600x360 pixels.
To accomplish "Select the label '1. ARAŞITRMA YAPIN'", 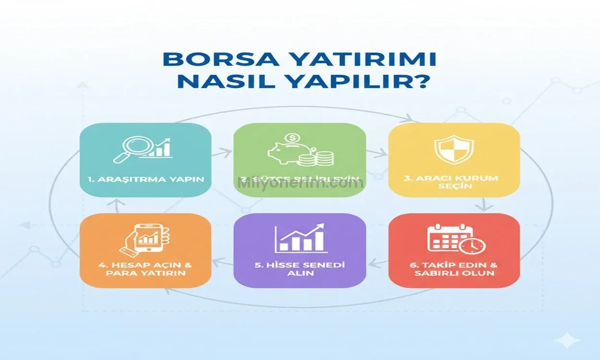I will coord(145,180).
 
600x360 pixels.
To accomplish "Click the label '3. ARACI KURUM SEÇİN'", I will coord(454,182).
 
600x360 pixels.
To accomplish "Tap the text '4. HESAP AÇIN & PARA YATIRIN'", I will coord(145,269).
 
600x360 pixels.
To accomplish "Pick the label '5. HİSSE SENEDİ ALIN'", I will coord(300,269).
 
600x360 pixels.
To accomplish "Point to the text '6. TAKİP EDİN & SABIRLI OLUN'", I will coord(454,269).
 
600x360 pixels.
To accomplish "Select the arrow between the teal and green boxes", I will coord(222,153).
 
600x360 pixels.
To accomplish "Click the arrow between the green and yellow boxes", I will coord(377,153).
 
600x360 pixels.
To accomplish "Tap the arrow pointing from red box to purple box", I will coord(377,262).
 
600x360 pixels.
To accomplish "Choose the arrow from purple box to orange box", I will coord(222,262).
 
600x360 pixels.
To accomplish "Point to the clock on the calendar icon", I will coord(472,245).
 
